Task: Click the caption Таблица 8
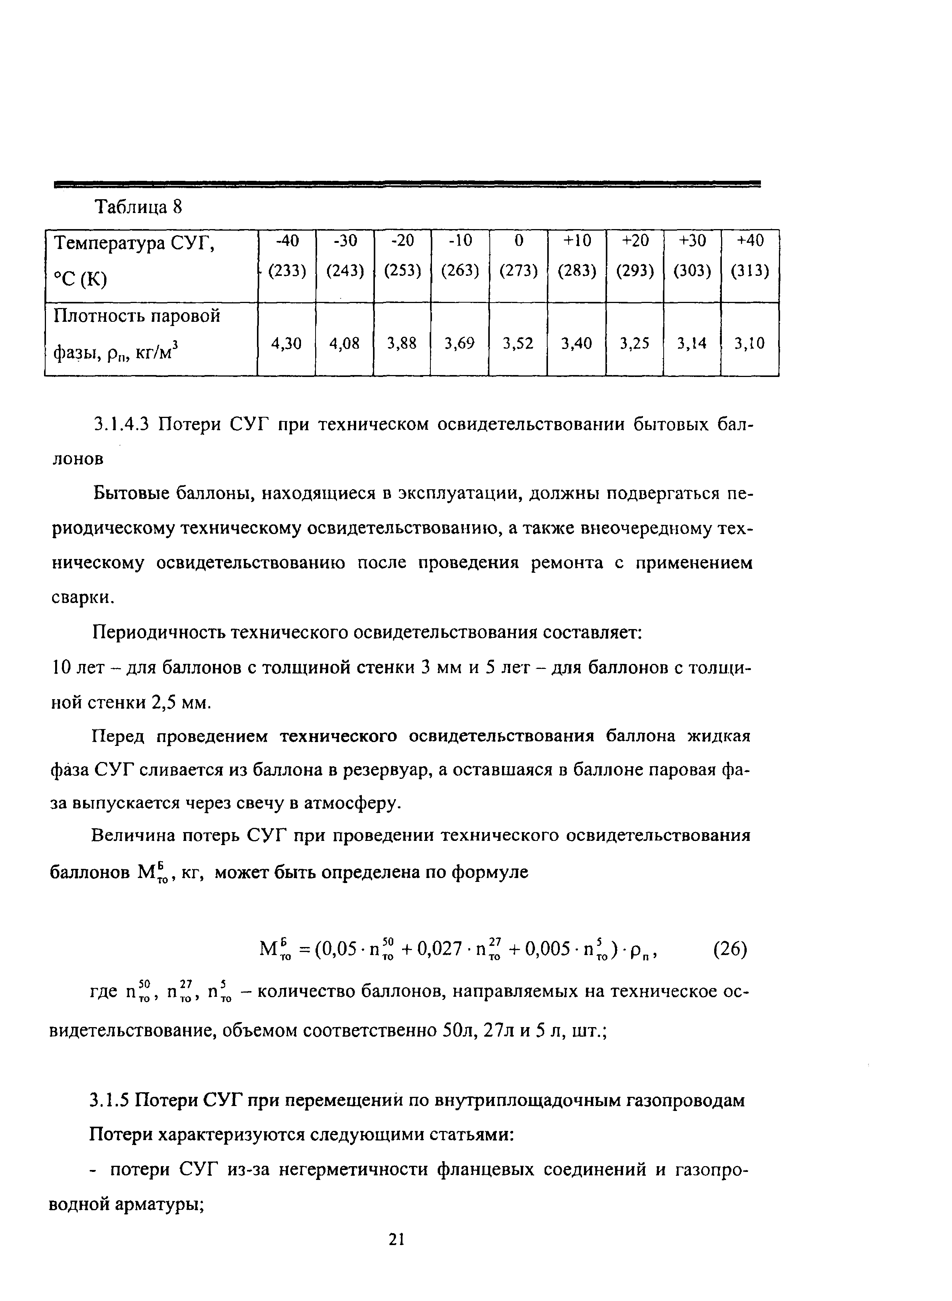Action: coord(138,207)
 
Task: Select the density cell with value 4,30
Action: coord(286,344)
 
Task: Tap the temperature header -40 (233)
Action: coord(286,256)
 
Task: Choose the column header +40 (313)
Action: coord(750,256)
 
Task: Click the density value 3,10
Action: coord(750,344)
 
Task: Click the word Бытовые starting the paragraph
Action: coord(130,494)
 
